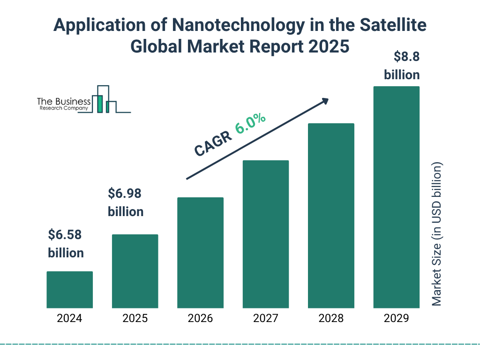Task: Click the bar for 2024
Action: point(69,290)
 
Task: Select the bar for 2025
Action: point(135,271)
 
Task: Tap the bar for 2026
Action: point(200,253)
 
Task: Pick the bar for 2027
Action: point(265,234)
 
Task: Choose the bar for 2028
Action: point(331,216)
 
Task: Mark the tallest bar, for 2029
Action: point(396,197)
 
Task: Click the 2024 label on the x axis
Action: point(69,319)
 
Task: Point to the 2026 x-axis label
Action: point(200,319)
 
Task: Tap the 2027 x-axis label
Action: point(265,319)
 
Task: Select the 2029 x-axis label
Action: point(396,319)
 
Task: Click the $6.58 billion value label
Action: point(66,244)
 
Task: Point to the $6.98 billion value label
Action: point(126,202)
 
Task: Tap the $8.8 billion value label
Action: point(402,66)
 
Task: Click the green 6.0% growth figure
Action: point(251,123)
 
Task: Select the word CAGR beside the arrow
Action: point(213,143)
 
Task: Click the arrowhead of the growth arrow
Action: point(324,101)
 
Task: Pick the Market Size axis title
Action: point(437,234)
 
